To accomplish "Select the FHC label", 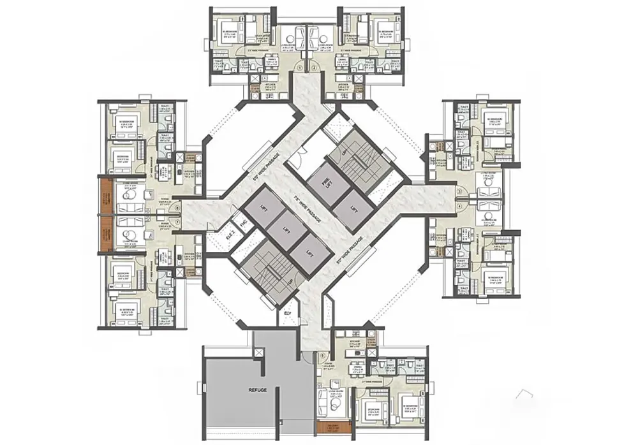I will [x=243, y=224].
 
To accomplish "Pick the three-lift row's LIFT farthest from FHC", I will [x=310, y=253].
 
